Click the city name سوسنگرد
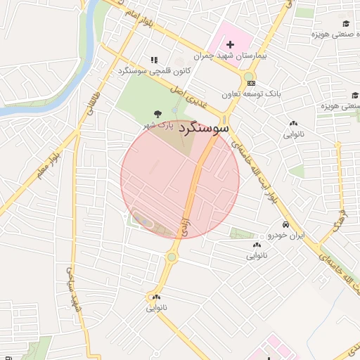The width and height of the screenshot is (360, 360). tap(204, 129)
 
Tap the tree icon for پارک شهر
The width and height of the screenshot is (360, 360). tap(156, 113)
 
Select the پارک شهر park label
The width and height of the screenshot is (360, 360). tap(158, 125)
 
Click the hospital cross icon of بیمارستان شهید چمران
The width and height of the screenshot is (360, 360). tap(230, 44)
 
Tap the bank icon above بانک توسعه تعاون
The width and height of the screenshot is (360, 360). tap(251, 83)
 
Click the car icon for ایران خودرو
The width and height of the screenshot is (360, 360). tap(285, 225)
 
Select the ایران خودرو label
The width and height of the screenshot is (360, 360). tap(285, 236)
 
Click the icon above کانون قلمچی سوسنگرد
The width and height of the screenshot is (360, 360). tap(154, 60)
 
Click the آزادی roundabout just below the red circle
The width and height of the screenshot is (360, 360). tap(171, 257)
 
